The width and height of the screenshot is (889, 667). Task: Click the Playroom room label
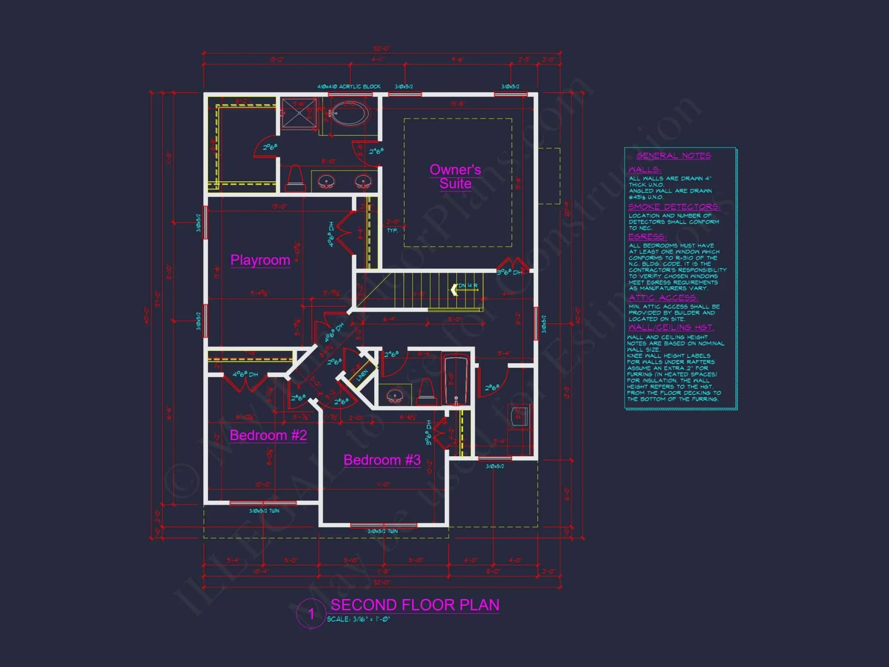pos(260,260)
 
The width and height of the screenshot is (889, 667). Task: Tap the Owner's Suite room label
pos(455,177)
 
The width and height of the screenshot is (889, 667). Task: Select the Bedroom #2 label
pos(268,435)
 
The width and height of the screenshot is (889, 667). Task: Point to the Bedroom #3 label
pos(382,460)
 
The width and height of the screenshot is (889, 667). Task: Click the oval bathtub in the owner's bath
pos(350,113)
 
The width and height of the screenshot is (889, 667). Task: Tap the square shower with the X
pos(299,113)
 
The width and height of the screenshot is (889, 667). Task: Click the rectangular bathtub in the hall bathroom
pos(456,379)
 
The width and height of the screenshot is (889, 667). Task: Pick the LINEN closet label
pos(362,374)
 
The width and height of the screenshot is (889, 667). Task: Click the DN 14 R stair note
pos(468,285)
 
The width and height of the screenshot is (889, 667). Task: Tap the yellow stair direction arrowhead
pos(454,290)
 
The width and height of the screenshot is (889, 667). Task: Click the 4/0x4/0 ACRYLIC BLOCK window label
pos(348,87)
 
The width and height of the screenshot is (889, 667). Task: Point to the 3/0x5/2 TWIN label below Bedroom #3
pos(382,531)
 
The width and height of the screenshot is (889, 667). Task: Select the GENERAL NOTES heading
pos(673,156)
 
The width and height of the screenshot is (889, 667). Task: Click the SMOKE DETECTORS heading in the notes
pos(674,207)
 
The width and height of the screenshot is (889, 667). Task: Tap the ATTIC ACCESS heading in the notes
pos(663,297)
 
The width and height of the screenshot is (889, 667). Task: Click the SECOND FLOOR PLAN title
pos(415,605)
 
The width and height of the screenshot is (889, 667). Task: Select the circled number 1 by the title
pos(311,614)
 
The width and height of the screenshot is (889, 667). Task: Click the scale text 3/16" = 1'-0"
pos(359,619)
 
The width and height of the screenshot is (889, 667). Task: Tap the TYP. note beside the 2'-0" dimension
pos(392,230)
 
